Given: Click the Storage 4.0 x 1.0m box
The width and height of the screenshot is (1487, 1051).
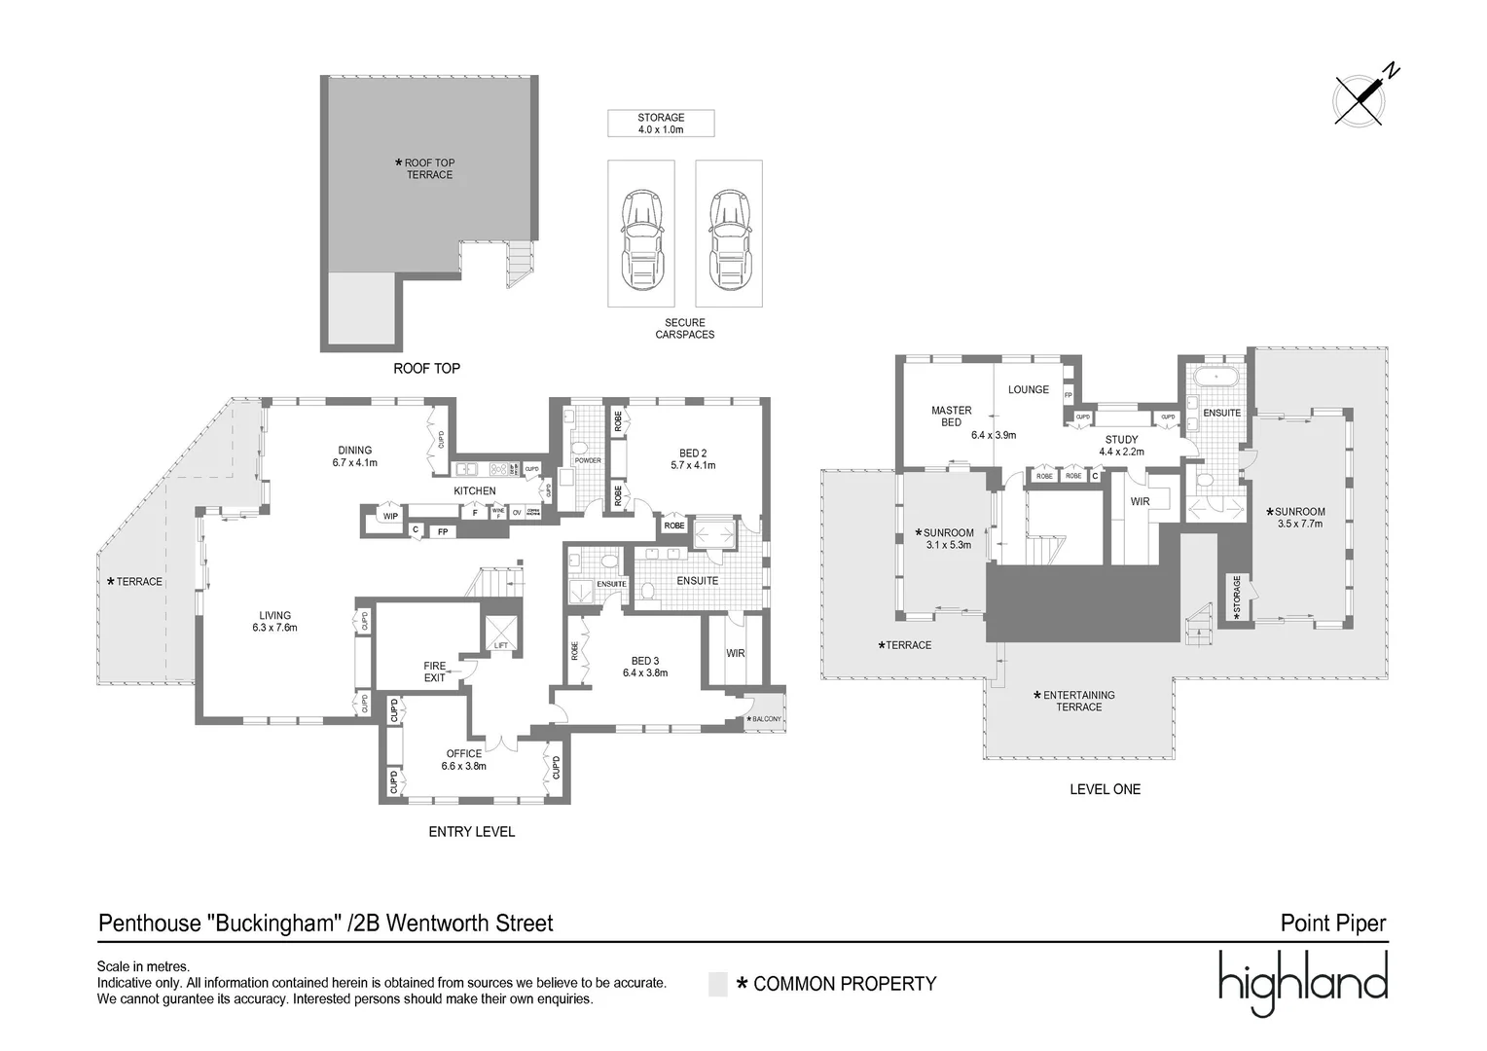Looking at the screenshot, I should pos(661,124).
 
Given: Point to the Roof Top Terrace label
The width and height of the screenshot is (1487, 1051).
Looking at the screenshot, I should pos(428,169).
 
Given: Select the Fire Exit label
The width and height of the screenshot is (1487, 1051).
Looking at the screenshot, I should pos(434,671).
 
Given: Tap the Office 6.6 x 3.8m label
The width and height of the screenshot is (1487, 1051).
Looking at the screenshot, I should pos(464,760).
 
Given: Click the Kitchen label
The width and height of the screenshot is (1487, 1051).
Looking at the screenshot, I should pos(475,491).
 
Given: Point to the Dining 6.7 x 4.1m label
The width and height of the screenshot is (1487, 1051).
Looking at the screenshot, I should pos(355,456).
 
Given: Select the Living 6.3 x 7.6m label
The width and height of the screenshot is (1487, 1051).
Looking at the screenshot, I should pos(275,621).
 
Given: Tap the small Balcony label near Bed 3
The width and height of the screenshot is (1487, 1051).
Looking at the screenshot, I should pos(766,719).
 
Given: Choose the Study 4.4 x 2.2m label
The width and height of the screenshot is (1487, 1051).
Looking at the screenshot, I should pos(1121,446).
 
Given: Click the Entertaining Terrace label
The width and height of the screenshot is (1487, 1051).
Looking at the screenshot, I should pos(1078,701).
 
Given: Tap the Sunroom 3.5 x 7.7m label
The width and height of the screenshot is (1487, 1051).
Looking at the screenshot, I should pos(1300,517).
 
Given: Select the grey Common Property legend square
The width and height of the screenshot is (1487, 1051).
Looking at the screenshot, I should pos(718,984).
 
